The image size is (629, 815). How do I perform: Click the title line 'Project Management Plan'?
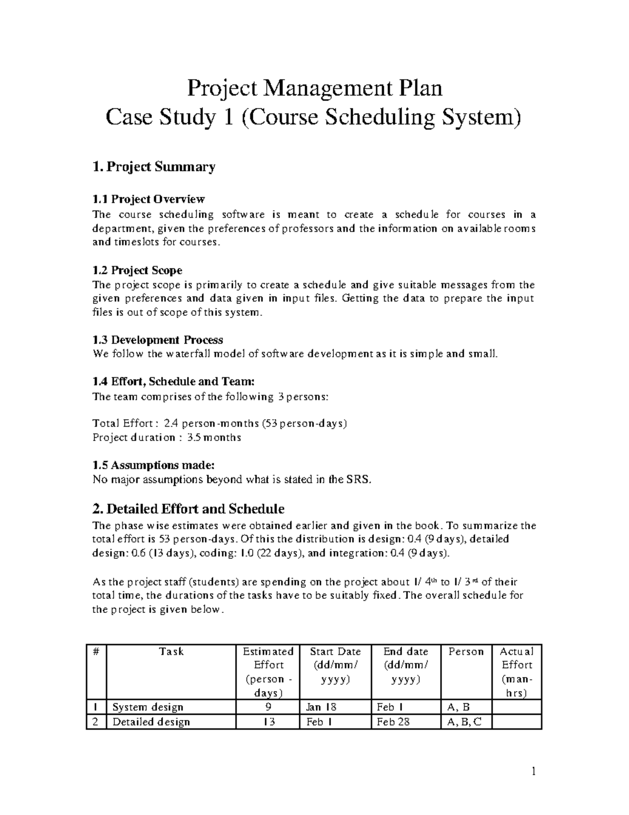pos(315,88)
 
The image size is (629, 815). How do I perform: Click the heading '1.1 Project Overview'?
pos(148,199)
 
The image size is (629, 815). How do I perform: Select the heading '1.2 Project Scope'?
pos(137,271)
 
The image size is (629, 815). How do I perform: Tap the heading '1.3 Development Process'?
pos(158,340)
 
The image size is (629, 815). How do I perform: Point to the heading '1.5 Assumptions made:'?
pos(154,465)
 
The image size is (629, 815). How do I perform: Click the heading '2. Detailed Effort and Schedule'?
pos(188,509)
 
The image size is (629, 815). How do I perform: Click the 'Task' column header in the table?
pos(171,652)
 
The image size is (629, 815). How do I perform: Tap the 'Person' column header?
pos(466,652)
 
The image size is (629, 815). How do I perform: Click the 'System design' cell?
pos(148,707)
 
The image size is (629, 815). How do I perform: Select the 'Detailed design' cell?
pos(151,722)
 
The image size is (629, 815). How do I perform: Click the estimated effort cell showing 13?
pos(268,722)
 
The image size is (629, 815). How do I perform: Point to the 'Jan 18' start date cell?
pos(321,707)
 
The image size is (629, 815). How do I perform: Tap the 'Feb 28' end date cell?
pos(393,722)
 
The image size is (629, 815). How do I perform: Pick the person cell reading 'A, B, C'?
pos(463,722)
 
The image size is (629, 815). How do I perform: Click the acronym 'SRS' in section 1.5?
pos(357,479)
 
